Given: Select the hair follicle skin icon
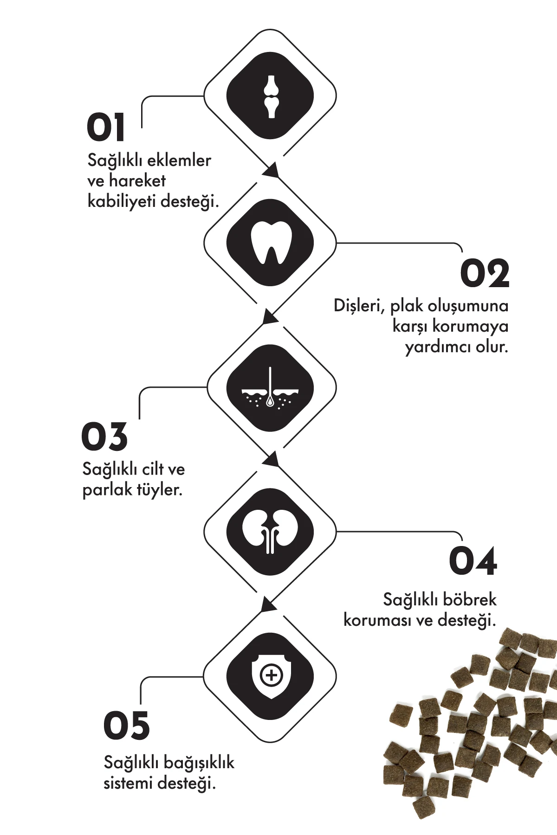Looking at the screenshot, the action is pos(270,388).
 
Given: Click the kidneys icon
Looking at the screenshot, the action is pos(270,532).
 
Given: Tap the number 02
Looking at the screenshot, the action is pos(485,273).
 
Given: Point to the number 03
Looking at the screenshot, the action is pos(104,437).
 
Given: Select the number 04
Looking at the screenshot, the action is pos(473,561).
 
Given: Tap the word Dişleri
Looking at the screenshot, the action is pos(359,306).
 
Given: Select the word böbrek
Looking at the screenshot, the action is pos(469,599).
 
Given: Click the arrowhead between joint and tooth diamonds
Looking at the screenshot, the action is pos(271,170).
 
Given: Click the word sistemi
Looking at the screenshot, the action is pos(128,784).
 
